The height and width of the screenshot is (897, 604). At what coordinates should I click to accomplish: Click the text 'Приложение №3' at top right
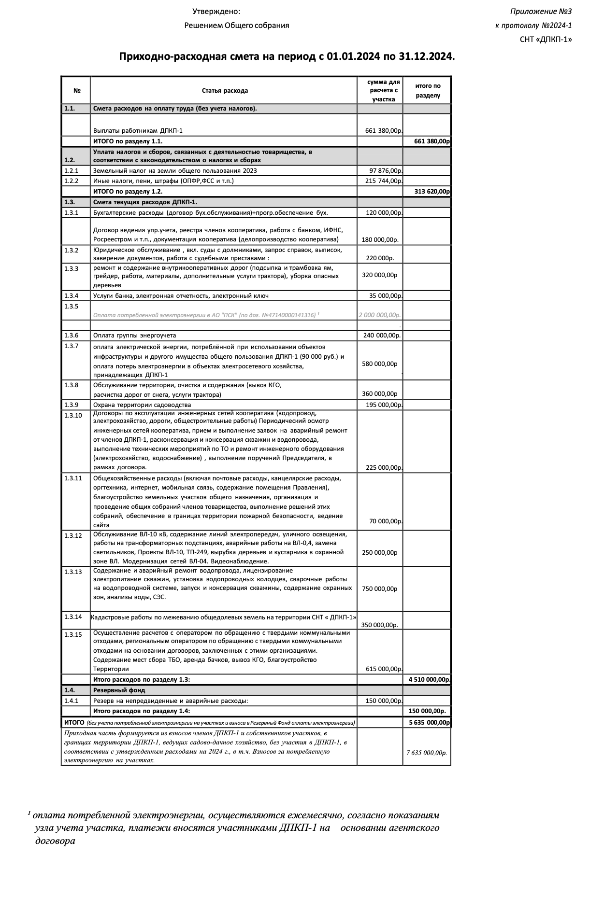pos(541,12)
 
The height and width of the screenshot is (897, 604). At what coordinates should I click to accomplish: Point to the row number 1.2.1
pos(71,170)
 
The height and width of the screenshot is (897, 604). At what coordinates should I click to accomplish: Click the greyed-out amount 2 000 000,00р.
pos(380,315)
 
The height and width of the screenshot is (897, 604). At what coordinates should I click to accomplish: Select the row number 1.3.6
pos(71,335)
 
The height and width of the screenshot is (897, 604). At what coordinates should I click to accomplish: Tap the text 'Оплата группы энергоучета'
pos(134,336)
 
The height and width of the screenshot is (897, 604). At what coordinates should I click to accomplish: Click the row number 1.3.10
pos(73,415)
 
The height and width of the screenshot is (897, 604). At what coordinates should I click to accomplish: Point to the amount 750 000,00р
pos(380,589)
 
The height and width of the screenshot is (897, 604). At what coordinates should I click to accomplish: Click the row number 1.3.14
pos(73,617)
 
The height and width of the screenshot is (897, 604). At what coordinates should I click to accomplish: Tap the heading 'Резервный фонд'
pos(119,690)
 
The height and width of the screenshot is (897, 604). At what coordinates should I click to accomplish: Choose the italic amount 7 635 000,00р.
pos(427,753)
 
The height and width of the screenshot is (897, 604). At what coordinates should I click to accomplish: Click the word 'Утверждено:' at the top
pos(216,12)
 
